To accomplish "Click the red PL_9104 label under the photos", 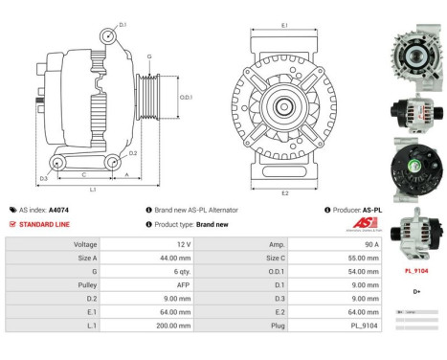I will [416, 271].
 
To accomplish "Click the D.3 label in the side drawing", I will [44, 179].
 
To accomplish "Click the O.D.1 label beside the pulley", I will [187, 96].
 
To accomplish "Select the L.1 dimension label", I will [93, 190].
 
